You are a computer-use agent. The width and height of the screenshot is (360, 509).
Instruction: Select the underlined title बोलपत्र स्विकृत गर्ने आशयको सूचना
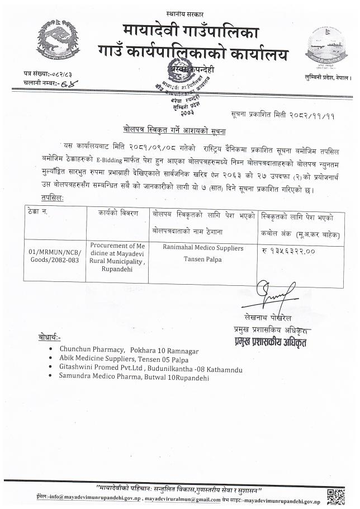coord(180,128)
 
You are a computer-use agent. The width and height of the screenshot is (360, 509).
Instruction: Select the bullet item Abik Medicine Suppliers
coord(129,359)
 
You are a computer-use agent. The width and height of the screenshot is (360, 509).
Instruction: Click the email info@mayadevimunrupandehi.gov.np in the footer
coord(85,497)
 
